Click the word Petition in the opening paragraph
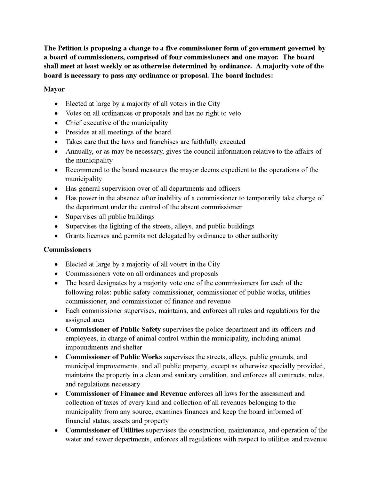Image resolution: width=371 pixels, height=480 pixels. [68, 48]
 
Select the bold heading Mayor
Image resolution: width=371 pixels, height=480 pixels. [54, 89]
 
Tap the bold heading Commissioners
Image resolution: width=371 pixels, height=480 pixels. [68, 249]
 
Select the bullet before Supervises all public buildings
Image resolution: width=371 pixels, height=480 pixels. [56, 217]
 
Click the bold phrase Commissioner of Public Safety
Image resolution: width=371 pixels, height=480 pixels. [113, 329]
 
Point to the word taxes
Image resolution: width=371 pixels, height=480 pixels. [120, 402]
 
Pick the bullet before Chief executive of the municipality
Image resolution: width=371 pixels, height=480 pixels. [56, 123]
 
